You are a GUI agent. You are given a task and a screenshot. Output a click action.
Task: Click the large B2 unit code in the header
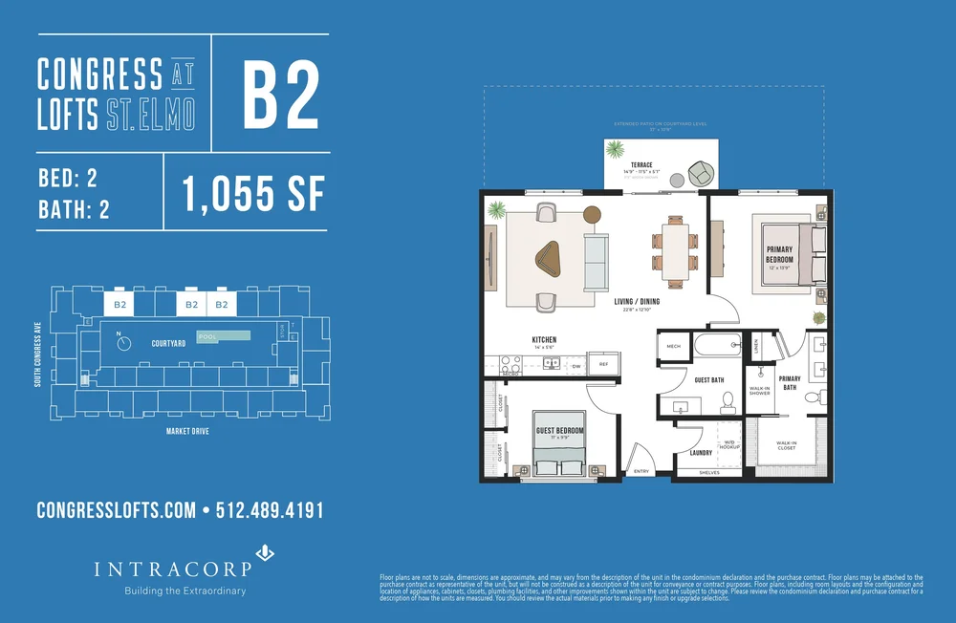(280, 96)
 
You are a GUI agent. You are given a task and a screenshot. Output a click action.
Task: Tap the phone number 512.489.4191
(271, 510)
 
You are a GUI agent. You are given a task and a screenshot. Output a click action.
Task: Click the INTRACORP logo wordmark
(173, 569)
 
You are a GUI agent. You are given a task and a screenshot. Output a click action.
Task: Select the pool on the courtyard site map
(223, 336)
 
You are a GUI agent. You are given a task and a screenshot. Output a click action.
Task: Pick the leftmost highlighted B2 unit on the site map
(120, 305)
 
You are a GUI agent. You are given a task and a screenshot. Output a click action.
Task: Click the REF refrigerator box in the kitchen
(603, 364)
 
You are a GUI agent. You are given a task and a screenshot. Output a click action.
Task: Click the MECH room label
(673, 346)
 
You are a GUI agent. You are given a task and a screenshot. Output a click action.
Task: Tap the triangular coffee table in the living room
(550, 257)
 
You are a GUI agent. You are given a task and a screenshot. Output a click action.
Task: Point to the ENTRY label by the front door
(641, 470)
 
